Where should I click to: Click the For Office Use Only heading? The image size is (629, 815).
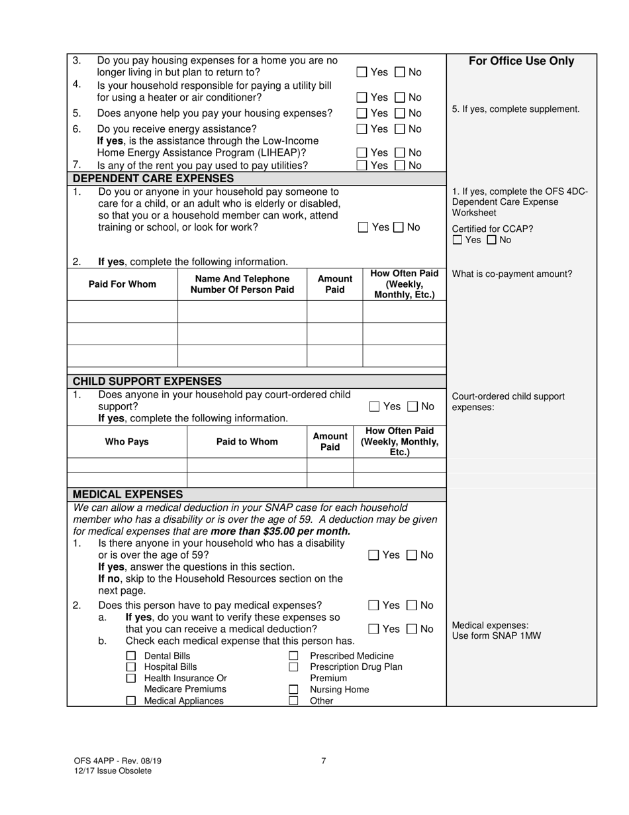coord(521,62)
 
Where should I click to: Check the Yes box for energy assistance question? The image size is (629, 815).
coord(362,129)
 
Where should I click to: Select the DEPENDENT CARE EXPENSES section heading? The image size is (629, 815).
coord(153,178)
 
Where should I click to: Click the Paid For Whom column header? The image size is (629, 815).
coord(122,284)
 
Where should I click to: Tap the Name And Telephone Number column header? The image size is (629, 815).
coord(242,284)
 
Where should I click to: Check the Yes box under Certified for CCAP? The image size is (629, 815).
coord(458,241)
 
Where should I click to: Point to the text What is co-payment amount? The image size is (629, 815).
coord(512,274)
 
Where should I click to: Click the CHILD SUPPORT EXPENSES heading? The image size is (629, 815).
coord(147,381)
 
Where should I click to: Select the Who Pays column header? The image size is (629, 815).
coord(127,441)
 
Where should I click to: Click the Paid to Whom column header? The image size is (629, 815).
coord(247,441)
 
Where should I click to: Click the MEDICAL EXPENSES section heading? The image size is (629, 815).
coord(127,494)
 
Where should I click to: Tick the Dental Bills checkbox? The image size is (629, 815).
coord(131,656)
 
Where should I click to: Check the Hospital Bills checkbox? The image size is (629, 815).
coord(131,667)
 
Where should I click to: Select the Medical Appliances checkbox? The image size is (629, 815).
coord(131,700)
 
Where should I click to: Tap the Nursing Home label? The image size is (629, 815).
coord(340,689)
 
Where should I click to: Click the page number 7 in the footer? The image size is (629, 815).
coord(323,761)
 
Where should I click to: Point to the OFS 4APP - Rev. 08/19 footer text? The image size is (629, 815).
coord(117,761)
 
